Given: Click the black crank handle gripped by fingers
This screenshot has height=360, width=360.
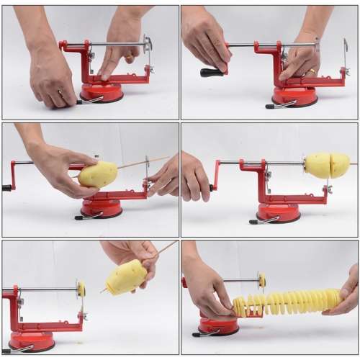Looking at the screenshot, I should [211, 72].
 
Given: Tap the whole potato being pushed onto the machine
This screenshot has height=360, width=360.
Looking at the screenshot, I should [99, 174].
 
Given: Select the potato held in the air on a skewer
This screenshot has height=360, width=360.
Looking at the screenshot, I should [126, 278].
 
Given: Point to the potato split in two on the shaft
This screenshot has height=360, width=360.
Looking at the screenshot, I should [327, 165].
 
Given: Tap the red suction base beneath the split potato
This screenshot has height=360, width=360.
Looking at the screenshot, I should [278, 212].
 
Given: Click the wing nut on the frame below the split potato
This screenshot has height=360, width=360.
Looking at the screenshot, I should [328, 189].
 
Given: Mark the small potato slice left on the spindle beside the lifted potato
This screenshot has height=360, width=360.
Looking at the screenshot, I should [81, 289].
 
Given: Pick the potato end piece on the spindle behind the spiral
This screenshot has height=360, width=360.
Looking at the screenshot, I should [262, 280].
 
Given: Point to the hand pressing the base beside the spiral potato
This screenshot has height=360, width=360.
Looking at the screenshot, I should [206, 292].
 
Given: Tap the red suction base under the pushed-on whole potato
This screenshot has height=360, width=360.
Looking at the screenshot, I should [101, 208].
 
